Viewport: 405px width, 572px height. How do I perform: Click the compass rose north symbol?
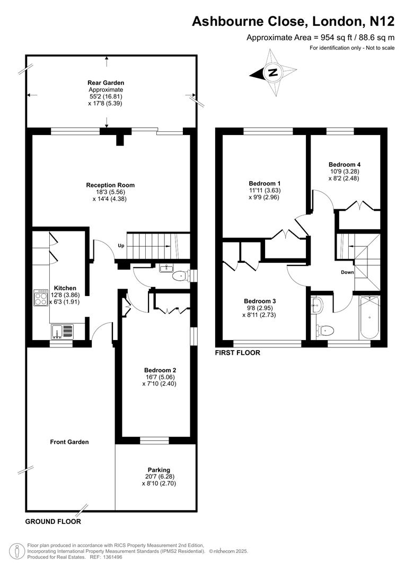[x=274, y=73]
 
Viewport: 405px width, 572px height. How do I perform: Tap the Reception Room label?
[x=110, y=185]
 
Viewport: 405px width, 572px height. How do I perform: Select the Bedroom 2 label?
[x=160, y=370]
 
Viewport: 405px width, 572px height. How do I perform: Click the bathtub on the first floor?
[x=369, y=318]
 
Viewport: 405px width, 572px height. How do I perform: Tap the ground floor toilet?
[x=180, y=275]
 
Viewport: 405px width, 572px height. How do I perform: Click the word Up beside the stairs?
[x=121, y=245]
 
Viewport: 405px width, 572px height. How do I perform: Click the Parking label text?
[x=159, y=470]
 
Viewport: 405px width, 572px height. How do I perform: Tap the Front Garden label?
[x=69, y=442]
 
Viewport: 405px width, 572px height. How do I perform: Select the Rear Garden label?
[x=106, y=83]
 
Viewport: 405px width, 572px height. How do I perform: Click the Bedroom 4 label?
[x=344, y=165]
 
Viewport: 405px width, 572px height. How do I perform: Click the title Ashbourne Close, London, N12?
[x=293, y=21]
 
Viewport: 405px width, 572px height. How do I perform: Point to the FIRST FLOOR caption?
[x=237, y=353]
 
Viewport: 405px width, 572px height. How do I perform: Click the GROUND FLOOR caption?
[x=53, y=522]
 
